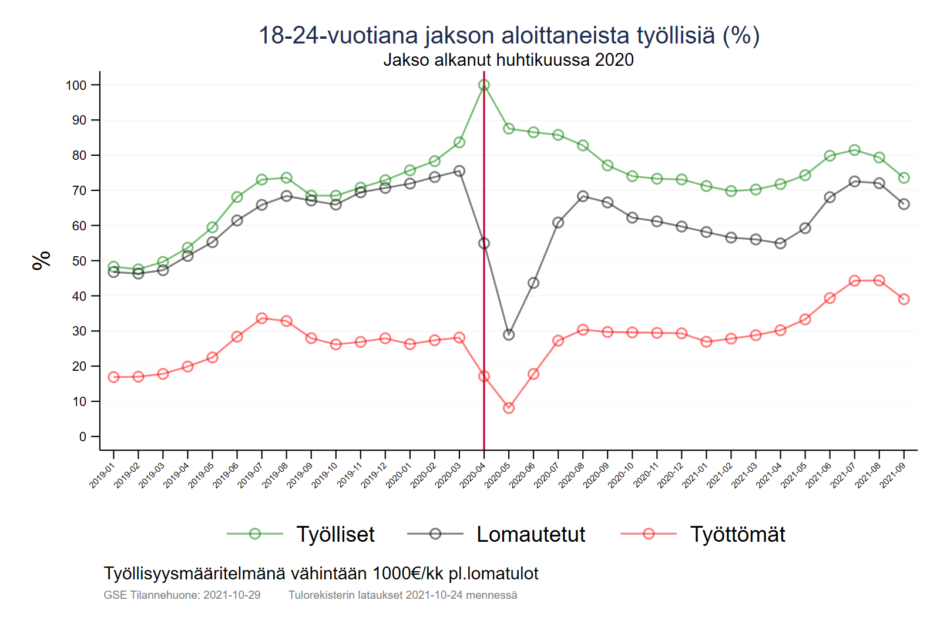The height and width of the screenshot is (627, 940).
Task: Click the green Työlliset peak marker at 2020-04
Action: tap(484, 85)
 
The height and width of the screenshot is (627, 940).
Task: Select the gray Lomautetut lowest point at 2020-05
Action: tap(509, 334)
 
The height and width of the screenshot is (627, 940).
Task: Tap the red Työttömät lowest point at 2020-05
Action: tap(509, 408)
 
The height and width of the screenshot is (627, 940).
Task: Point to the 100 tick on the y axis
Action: tap(76, 85)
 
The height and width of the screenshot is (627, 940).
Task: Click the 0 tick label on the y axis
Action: tap(83, 437)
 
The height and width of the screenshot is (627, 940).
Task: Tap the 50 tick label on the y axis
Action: tap(79, 261)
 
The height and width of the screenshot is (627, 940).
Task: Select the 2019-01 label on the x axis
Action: tap(102, 475)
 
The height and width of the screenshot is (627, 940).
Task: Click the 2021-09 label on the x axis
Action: tap(892, 475)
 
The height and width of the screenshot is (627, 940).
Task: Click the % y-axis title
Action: tap(42, 260)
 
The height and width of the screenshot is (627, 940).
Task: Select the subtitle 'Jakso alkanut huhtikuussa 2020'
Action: tap(508, 60)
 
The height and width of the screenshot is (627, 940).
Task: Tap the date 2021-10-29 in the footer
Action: tap(231, 595)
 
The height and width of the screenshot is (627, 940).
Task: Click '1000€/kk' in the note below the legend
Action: tap(408, 574)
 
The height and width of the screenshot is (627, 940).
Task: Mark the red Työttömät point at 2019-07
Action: tap(262, 318)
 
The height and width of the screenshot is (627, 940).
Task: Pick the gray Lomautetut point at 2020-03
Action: tap(459, 171)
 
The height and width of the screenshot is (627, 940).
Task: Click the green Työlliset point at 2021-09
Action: tap(904, 178)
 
